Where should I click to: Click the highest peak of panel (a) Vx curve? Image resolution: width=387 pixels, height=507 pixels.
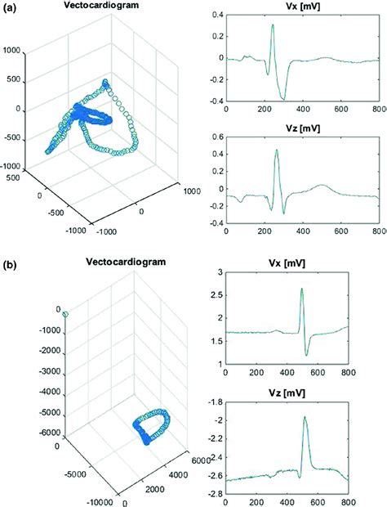click(x=273, y=25)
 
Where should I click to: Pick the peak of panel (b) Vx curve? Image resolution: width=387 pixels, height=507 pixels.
click(x=301, y=289)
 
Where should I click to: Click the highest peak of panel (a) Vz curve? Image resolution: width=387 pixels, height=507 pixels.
click(x=277, y=150)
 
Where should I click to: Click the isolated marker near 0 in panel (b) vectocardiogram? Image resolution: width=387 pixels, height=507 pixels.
click(x=64, y=314)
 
